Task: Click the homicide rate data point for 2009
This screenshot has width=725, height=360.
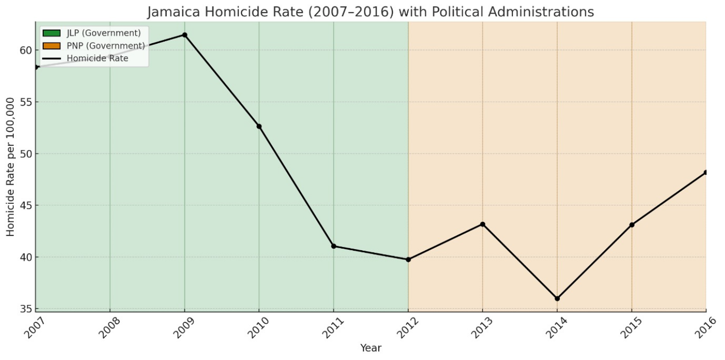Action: tap(185, 35)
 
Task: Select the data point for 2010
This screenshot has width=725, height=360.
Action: tap(259, 126)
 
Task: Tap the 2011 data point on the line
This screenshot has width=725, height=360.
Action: tap(334, 246)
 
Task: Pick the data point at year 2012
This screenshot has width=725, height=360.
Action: tap(408, 259)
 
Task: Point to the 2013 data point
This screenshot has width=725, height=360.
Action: tap(482, 224)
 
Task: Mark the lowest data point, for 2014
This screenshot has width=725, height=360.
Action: tap(557, 298)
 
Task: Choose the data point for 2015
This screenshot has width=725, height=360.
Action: tap(631, 225)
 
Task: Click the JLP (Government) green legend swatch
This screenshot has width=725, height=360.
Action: tap(52, 34)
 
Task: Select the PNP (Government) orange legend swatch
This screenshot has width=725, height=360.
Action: tap(52, 46)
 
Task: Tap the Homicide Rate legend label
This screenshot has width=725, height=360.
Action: tap(98, 58)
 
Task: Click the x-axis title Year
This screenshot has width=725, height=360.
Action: tap(371, 348)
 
